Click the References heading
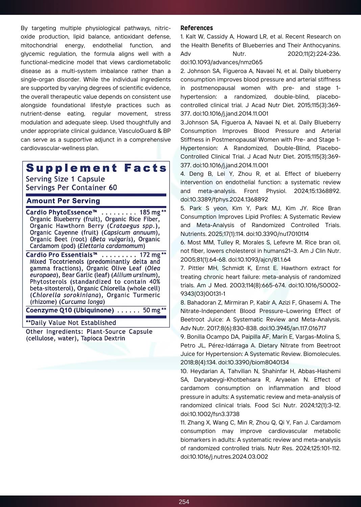click(196, 28)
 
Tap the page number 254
click(184, 502)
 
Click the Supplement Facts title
click(96, 168)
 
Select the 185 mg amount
click(150, 212)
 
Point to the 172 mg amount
click(150, 255)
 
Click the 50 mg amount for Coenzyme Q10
click(151, 310)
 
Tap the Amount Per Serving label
click(63, 201)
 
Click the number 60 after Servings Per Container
click(113, 188)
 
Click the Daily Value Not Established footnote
click(71, 323)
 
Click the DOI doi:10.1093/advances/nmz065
click(221, 62)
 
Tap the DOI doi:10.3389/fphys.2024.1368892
click(224, 199)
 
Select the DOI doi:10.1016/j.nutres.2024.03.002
click(224, 457)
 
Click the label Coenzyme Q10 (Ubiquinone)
click(70, 310)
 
